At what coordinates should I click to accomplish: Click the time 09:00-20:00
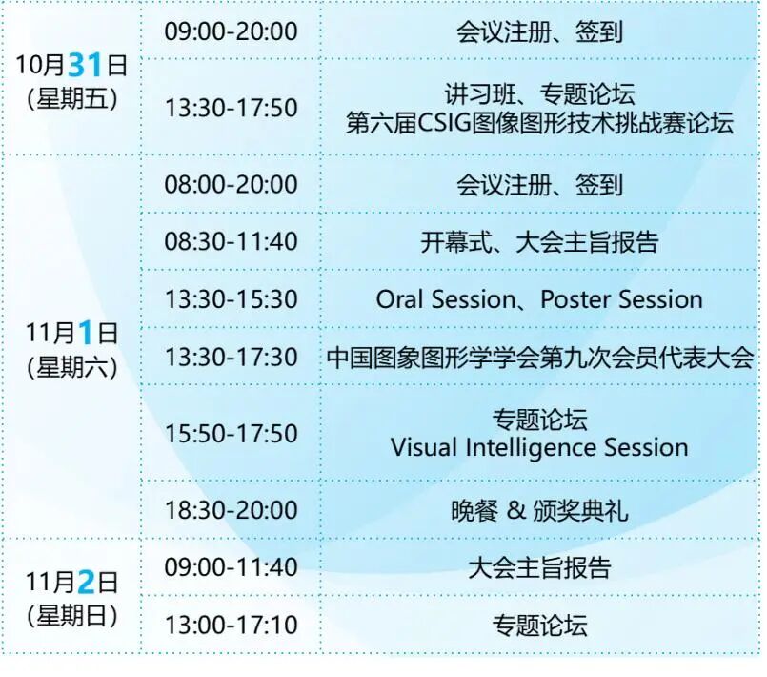coord(231,31)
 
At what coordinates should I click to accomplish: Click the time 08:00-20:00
coord(231,185)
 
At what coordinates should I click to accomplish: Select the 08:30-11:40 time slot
coord(231,242)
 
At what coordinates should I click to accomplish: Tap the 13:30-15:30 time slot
coord(231,299)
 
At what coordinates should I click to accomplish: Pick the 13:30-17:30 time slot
coord(231,357)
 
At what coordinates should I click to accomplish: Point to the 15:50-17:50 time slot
coord(231,434)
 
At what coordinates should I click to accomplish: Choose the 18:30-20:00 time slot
coord(231,510)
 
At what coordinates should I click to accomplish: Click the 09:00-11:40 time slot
coord(231,567)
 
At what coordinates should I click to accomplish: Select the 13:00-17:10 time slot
coord(231,626)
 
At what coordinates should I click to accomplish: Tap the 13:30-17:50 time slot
coord(231,108)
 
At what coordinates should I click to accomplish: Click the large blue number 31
coord(85,65)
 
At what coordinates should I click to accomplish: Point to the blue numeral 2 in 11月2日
coord(86,583)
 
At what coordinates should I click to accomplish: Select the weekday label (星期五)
coord(72,99)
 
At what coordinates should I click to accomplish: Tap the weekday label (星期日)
coord(72,616)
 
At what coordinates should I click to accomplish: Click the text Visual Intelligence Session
coord(539,448)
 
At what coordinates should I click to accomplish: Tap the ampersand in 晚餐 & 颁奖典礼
coord(516,510)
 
